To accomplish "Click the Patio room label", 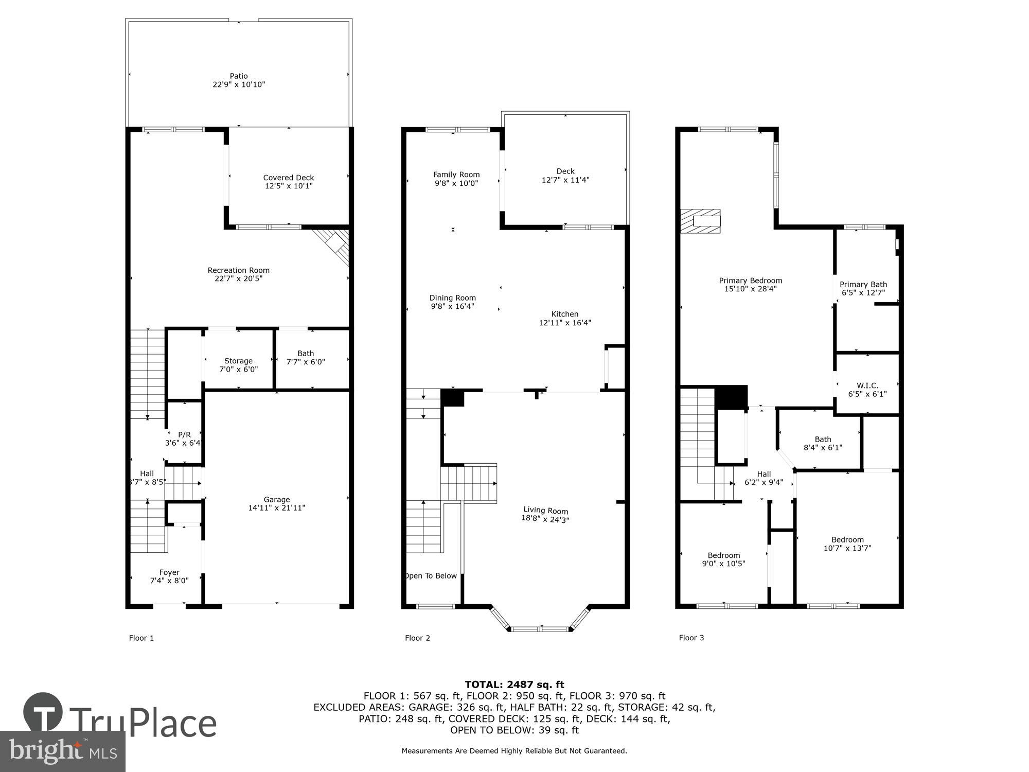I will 238,76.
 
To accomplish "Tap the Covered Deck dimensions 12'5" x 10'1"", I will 289,186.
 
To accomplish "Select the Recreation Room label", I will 238,270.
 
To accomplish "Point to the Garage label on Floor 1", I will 277,500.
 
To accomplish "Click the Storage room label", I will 238,361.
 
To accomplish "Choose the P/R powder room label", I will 184,435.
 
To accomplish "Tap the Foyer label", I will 169,572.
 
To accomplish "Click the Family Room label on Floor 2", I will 456,175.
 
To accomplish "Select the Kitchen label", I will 565,314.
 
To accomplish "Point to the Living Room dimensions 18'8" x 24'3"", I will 545,519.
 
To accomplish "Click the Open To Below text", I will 431,576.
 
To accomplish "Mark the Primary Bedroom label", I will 750,280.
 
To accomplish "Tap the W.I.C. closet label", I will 867,385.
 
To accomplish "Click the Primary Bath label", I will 863,284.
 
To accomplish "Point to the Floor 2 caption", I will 417,638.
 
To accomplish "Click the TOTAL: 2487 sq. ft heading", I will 514,685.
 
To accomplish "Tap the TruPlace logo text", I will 143,723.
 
